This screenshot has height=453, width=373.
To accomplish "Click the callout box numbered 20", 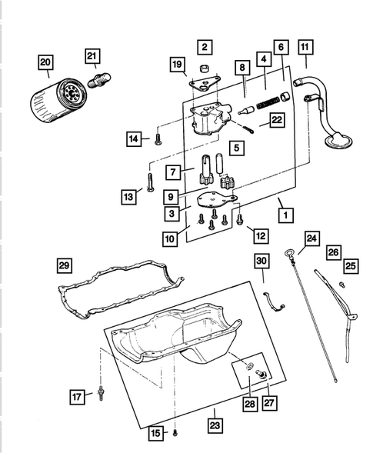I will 46,62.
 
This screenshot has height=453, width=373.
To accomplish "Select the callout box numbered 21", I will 92,55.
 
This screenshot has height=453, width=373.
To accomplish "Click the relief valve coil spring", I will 265,98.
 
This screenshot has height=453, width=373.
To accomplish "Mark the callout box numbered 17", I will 77,397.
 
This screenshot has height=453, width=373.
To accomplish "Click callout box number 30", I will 261,261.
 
